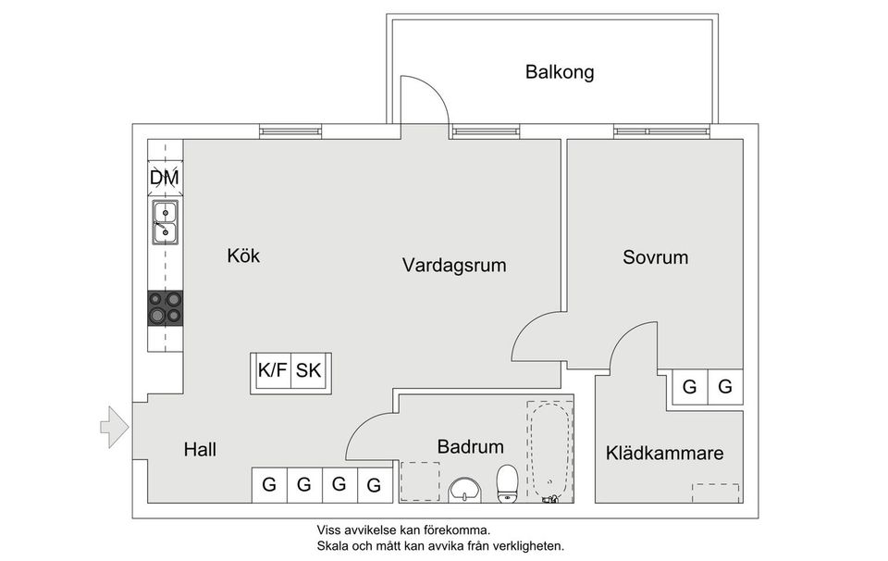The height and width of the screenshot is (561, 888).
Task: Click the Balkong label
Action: [559, 71]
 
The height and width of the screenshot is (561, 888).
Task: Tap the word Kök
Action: [243, 256]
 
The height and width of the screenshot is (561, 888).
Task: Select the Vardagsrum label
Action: [454, 266]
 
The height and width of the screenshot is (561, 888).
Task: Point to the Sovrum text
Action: [655, 257]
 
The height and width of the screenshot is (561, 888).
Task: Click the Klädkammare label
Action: [664, 454]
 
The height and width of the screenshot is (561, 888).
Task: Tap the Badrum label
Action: [471, 447]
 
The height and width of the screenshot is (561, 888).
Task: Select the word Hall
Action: [200, 450]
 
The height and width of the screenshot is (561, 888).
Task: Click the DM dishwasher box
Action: [165, 177]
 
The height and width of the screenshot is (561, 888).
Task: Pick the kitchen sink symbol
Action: [165, 222]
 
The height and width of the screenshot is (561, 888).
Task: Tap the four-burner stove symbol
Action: [165, 307]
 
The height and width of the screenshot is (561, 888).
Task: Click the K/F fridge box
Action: [273, 371]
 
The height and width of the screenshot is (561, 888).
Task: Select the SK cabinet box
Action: [309, 371]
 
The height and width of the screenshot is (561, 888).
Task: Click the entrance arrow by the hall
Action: [112, 426]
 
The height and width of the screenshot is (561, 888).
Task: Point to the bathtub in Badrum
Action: [549, 451]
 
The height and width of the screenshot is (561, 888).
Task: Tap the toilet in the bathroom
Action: [507, 483]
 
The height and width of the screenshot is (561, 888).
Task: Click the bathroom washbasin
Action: [463, 490]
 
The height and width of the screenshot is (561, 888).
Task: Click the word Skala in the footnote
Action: [335, 546]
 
